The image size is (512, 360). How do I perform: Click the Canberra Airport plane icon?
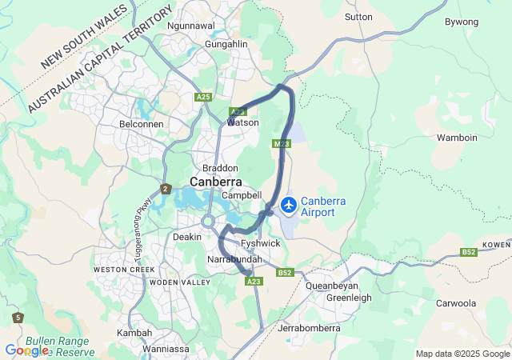(288, 206)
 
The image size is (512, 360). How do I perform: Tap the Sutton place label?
(358, 16)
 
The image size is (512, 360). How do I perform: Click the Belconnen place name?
(141, 125)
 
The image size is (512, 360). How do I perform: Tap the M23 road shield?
(280, 144)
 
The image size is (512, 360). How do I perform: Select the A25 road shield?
(203, 97)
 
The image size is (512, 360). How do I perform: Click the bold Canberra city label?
(215, 182)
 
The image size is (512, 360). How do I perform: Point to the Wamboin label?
(457, 138)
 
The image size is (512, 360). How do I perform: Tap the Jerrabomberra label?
(308, 328)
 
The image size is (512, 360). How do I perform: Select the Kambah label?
(134, 332)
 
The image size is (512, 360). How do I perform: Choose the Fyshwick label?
(260, 242)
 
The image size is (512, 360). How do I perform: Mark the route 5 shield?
(18, 318)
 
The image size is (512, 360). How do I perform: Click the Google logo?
(26, 350)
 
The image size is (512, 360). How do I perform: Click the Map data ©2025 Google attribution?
(462, 354)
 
